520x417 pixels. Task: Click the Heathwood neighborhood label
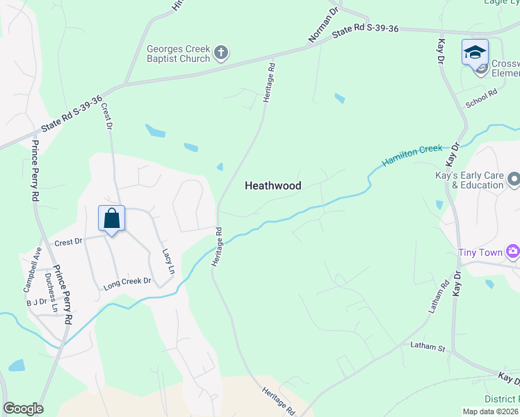pyautogui.click(x=273, y=186)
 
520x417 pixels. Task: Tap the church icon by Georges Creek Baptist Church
pyautogui.click(x=221, y=52)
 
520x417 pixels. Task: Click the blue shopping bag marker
pyautogui.click(x=111, y=219)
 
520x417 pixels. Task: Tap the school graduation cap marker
pyautogui.click(x=476, y=52)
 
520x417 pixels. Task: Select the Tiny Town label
pyautogui.click(x=480, y=252)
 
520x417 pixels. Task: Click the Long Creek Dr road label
pyautogui.click(x=127, y=282)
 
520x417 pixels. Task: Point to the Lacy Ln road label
pyautogui.click(x=167, y=261)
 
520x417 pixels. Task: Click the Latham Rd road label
pyautogui.click(x=436, y=297)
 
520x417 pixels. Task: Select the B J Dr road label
pyautogui.click(x=35, y=302)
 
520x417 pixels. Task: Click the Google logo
pyautogui.click(x=23, y=409)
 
